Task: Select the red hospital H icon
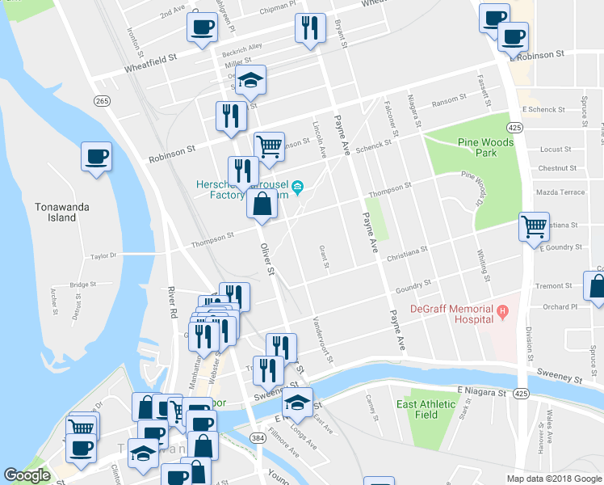tap(502, 310)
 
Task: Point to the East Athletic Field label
tap(428, 409)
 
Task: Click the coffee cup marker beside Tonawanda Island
tap(97, 156)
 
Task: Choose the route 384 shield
tap(257, 437)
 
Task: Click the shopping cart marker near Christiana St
tap(534, 226)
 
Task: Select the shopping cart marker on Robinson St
tap(269, 146)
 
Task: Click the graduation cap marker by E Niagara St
tap(297, 402)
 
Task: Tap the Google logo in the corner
tap(27, 476)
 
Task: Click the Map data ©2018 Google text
tap(553, 479)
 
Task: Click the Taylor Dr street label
tap(103, 255)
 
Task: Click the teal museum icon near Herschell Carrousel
tap(297, 188)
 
